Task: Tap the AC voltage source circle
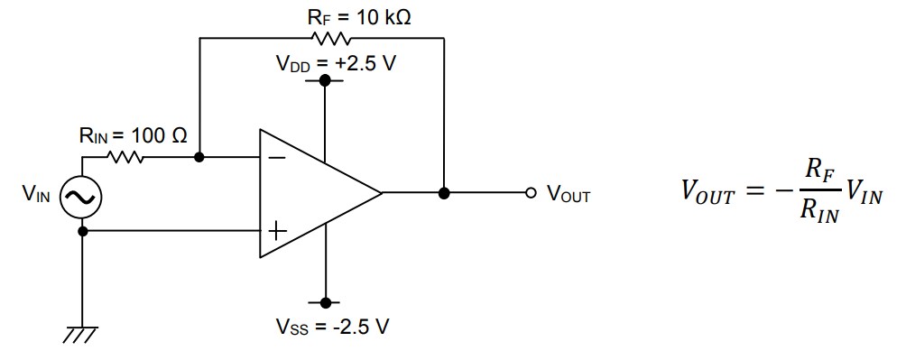82,196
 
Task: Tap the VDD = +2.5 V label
335,65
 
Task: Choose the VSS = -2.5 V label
334,327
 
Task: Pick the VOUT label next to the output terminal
568,195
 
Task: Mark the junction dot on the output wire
444,193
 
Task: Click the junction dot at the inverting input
199,157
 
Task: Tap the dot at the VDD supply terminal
326,81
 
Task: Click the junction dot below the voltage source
82,231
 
